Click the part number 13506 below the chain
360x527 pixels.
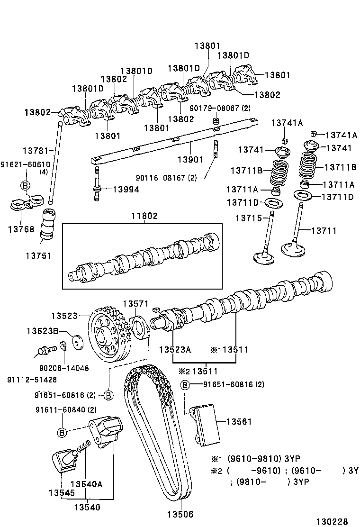click(180, 514)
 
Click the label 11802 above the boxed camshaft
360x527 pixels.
click(145, 216)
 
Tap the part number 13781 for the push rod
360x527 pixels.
click(36, 150)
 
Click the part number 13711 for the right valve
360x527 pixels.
click(324, 231)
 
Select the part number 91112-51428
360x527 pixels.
click(32, 379)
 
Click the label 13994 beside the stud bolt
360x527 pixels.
click(126, 189)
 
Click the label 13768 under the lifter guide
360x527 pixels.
click(21, 229)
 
